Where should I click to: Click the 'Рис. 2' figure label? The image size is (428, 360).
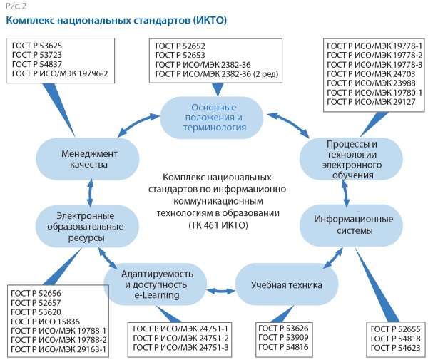pos(15,6)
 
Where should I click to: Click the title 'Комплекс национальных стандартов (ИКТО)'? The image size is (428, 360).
pos(117,21)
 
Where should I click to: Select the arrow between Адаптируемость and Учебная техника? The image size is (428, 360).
pos(223,291)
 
